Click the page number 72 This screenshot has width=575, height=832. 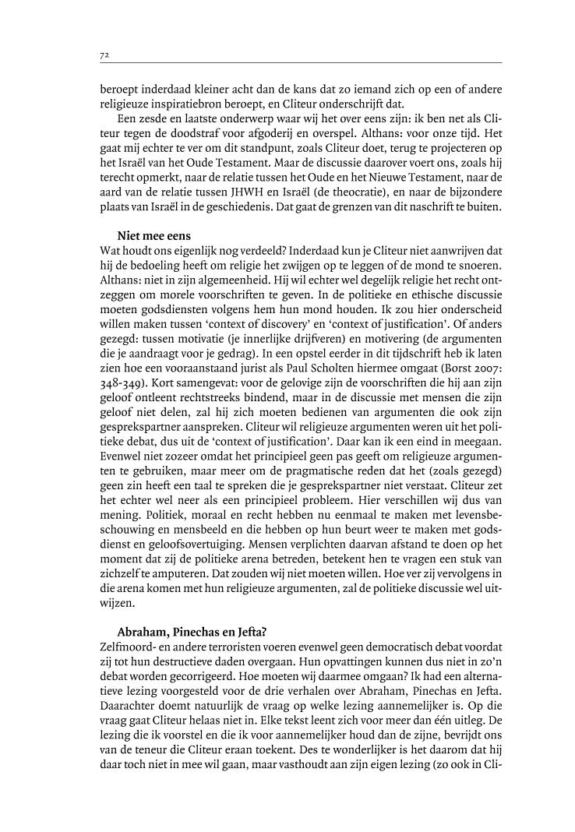[104, 55]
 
